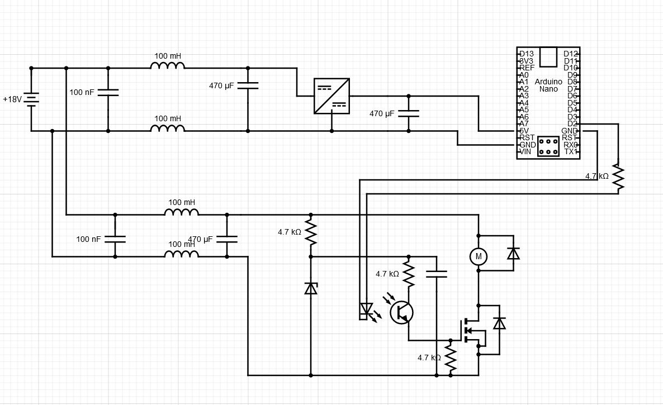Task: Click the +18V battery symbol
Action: pyautogui.click(x=31, y=99)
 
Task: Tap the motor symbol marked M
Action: pyautogui.click(x=479, y=256)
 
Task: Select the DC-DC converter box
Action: pyautogui.click(x=331, y=96)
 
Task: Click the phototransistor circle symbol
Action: pyautogui.click(x=401, y=312)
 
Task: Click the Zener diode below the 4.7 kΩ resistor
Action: pyautogui.click(x=311, y=288)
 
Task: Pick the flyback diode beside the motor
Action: pyautogui.click(x=514, y=253)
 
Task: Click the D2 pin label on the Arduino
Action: pyautogui.click(x=572, y=124)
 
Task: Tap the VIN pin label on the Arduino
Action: pyautogui.click(x=525, y=151)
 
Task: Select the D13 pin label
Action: pyautogui.click(x=527, y=54)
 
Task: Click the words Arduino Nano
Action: pyautogui.click(x=548, y=85)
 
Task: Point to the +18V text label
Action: pyautogui.click(x=12, y=99)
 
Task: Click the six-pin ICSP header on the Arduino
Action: pyautogui.click(x=548, y=146)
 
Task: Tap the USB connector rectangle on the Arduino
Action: pyautogui.click(x=548, y=56)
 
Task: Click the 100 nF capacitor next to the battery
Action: pyautogui.click(x=108, y=93)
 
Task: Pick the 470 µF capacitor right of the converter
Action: pyautogui.click(x=409, y=113)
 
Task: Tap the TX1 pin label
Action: pyautogui.click(x=571, y=151)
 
